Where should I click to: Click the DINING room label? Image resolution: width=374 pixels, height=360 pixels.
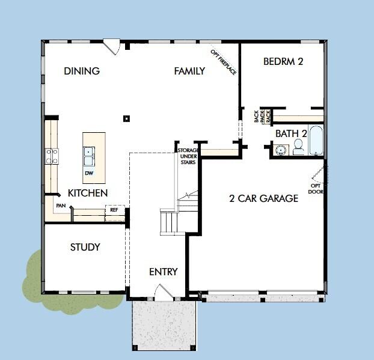click(x=82, y=71)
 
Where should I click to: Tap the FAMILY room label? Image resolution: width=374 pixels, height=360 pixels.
click(x=189, y=71)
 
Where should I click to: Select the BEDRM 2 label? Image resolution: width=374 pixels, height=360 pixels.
click(x=283, y=61)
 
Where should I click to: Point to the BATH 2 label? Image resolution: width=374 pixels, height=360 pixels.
click(x=292, y=133)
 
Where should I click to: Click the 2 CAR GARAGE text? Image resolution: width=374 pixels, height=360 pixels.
click(x=263, y=198)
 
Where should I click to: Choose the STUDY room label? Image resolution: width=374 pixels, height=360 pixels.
click(x=85, y=247)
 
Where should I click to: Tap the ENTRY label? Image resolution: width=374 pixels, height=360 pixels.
click(x=164, y=272)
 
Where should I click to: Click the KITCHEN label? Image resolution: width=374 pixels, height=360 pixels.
click(x=88, y=193)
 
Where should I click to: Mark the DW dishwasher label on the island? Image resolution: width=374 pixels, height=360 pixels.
click(x=88, y=174)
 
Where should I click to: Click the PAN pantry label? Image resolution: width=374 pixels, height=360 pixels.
click(x=61, y=206)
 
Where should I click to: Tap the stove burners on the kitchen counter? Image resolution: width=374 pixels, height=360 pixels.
click(x=52, y=156)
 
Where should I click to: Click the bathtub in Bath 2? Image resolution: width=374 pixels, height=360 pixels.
click(x=316, y=140)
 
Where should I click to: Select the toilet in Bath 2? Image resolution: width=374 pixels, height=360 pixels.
click(x=298, y=148)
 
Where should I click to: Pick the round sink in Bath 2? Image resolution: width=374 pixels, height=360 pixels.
click(x=280, y=149)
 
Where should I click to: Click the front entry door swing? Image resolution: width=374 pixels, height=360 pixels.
click(x=162, y=293)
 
